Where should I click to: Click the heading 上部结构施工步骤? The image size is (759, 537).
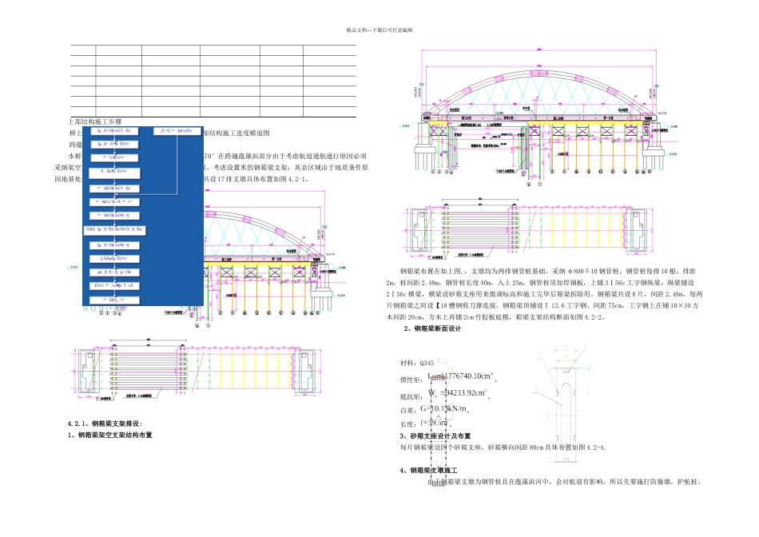(95, 120)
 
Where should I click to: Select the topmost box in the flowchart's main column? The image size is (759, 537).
(117, 129)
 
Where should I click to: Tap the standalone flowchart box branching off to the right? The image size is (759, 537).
(176, 129)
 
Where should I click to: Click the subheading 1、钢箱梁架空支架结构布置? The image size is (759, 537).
(110, 435)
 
